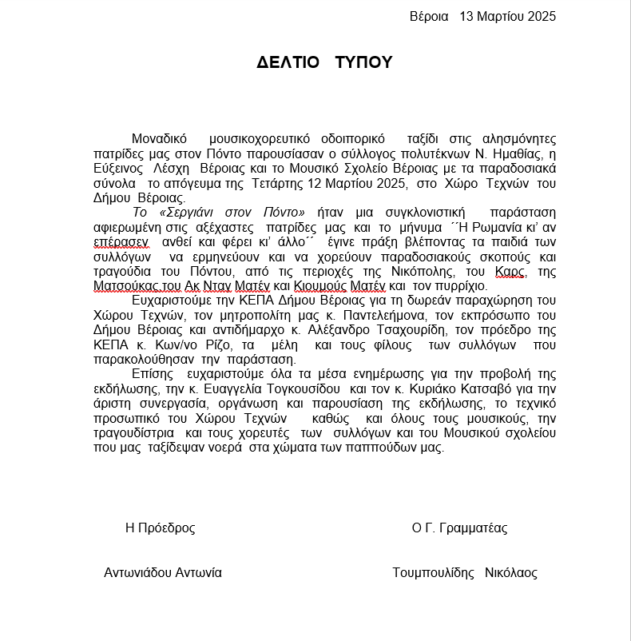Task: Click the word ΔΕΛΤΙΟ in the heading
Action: pyautogui.click(x=288, y=63)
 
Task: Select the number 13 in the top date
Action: pyautogui.click(x=468, y=16)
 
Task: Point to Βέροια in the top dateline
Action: pyautogui.click(x=429, y=16)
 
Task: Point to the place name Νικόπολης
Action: pyautogui.click(x=395, y=272)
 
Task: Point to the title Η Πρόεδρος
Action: pyautogui.click(x=160, y=528)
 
